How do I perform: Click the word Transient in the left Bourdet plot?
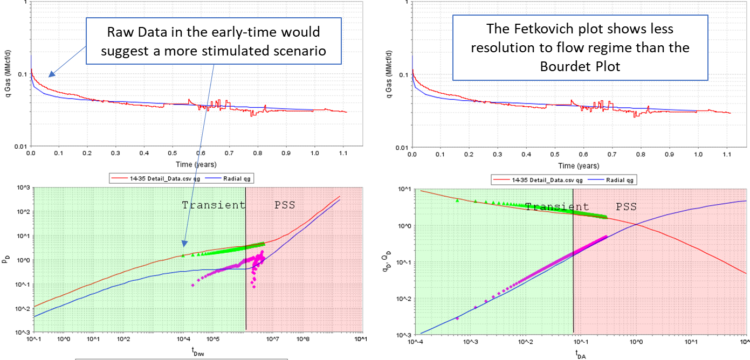click(214, 205)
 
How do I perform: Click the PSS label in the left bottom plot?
click(281, 205)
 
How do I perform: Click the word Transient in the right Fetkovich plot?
click(557, 207)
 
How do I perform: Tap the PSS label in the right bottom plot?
click(626, 207)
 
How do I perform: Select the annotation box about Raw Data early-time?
click(214, 40)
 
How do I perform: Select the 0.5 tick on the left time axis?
click(173, 154)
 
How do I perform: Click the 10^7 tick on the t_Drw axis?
click(270, 340)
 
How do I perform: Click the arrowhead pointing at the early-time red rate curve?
click(50, 75)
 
